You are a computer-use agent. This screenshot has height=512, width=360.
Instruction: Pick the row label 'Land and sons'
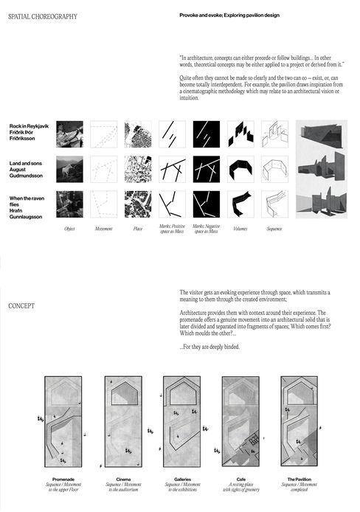click(28, 168)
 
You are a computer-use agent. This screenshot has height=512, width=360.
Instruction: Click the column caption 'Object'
click(69, 229)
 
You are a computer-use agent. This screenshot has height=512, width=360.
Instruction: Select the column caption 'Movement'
click(104, 229)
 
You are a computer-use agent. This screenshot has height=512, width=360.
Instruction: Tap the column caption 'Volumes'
click(239, 229)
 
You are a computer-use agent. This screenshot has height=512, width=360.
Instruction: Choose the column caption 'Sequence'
click(274, 229)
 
